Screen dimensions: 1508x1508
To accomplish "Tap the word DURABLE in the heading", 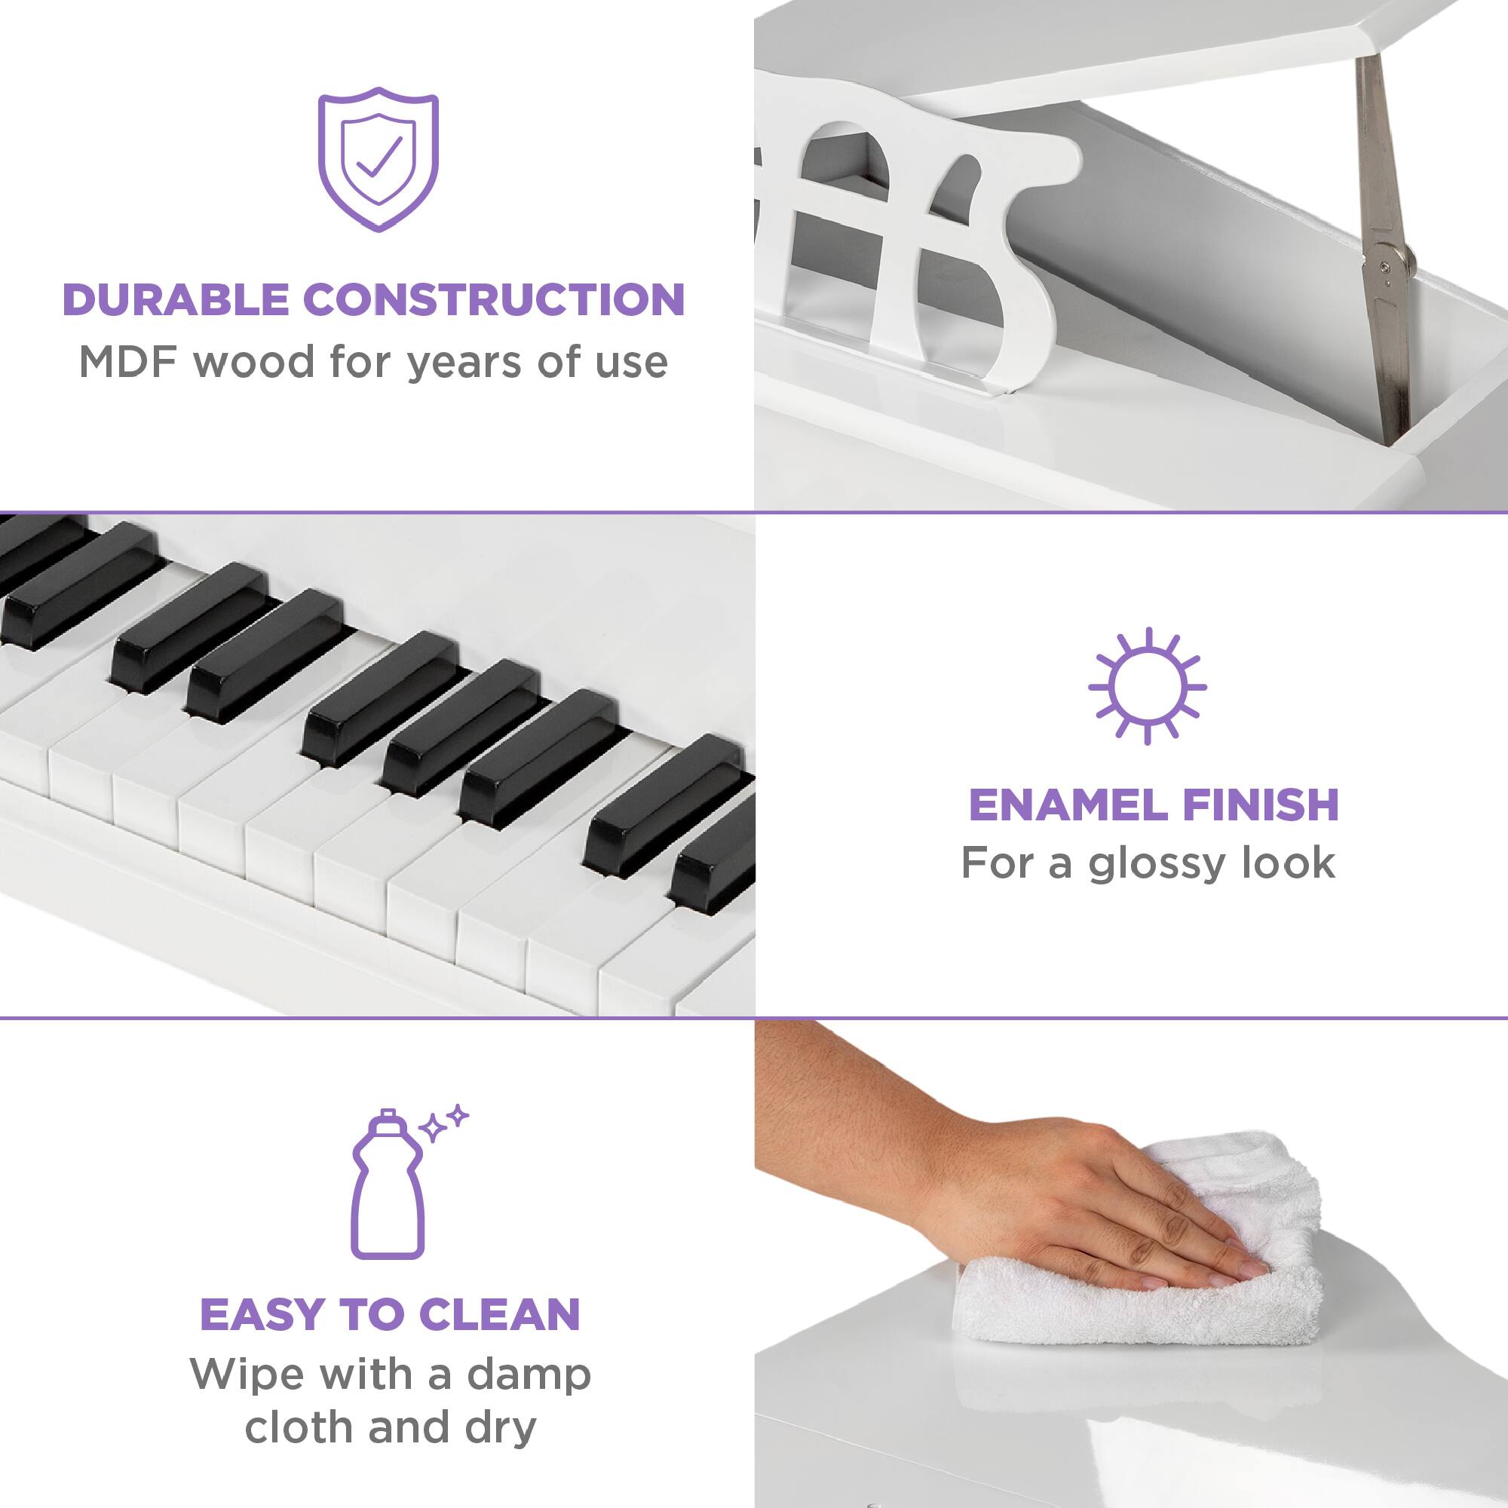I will [x=178, y=300].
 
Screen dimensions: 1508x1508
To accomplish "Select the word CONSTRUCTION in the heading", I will [x=493, y=300].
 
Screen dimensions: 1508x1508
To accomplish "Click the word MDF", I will [x=130, y=362].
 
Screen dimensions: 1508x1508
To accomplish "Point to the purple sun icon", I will [x=1147, y=686].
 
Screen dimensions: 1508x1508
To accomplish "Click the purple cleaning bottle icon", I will [x=388, y=1185].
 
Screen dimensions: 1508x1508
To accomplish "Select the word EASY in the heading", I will [x=262, y=1314].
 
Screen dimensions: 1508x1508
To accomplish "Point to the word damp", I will [x=529, y=1375].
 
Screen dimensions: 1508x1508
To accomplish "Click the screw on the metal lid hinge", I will [x=1384, y=268].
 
